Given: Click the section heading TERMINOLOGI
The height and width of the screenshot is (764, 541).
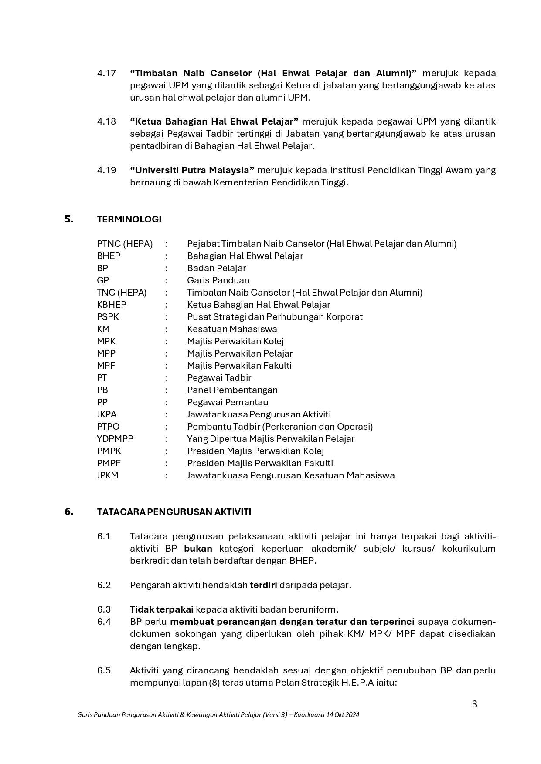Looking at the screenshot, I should click(129, 219).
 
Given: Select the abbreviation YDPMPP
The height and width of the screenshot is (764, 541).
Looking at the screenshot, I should click(115, 439).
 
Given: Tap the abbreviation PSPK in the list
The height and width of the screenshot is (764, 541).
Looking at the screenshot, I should click(108, 317).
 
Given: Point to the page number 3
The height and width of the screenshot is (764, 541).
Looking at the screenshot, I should click(475, 704).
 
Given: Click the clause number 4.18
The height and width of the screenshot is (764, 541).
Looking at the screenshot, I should click(106, 121).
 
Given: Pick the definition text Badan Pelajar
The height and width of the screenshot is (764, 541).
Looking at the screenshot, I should click(216, 268).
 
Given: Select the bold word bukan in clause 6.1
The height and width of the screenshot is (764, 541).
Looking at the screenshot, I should click(198, 549).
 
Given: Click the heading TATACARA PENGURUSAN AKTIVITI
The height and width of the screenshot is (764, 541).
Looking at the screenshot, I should click(174, 512).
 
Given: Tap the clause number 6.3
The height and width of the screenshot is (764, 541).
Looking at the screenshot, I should click(104, 609).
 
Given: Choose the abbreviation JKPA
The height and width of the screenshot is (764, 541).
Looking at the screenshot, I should click(107, 414).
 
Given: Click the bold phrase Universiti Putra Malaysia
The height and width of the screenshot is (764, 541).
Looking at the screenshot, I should click(192, 170).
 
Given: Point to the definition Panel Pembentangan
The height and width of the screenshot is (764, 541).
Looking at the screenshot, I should click(232, 390).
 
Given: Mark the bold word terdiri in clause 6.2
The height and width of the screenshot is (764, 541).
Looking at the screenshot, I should click(263, 585).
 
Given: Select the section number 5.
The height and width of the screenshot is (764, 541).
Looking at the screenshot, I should click(69, 219).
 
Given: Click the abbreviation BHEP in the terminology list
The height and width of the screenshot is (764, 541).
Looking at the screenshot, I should click(109, 256).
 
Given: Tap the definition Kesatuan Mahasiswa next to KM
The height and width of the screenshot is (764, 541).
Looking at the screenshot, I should click(232, 329).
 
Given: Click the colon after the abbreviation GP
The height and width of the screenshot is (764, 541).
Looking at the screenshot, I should click(167, 280).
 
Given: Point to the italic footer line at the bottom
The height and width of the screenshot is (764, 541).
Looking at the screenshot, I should click(218, 715).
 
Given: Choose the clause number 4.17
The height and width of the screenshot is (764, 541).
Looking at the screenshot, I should click(106, 73).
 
